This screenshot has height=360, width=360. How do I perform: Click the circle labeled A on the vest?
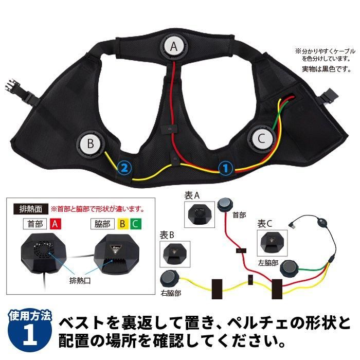(174, 46)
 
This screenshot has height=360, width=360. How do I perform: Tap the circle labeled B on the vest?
(90, 144)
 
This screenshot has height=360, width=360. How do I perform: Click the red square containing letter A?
(56, 224)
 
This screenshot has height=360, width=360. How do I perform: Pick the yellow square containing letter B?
(122, 224)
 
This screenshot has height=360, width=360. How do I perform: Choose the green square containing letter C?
(134, 224)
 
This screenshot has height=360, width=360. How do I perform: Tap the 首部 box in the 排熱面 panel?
(37, 224)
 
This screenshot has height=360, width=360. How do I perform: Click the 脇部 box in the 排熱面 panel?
(103, 224)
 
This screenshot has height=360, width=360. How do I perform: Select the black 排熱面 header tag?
(28, 209)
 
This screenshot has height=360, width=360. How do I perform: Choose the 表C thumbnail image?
(273, 242)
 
